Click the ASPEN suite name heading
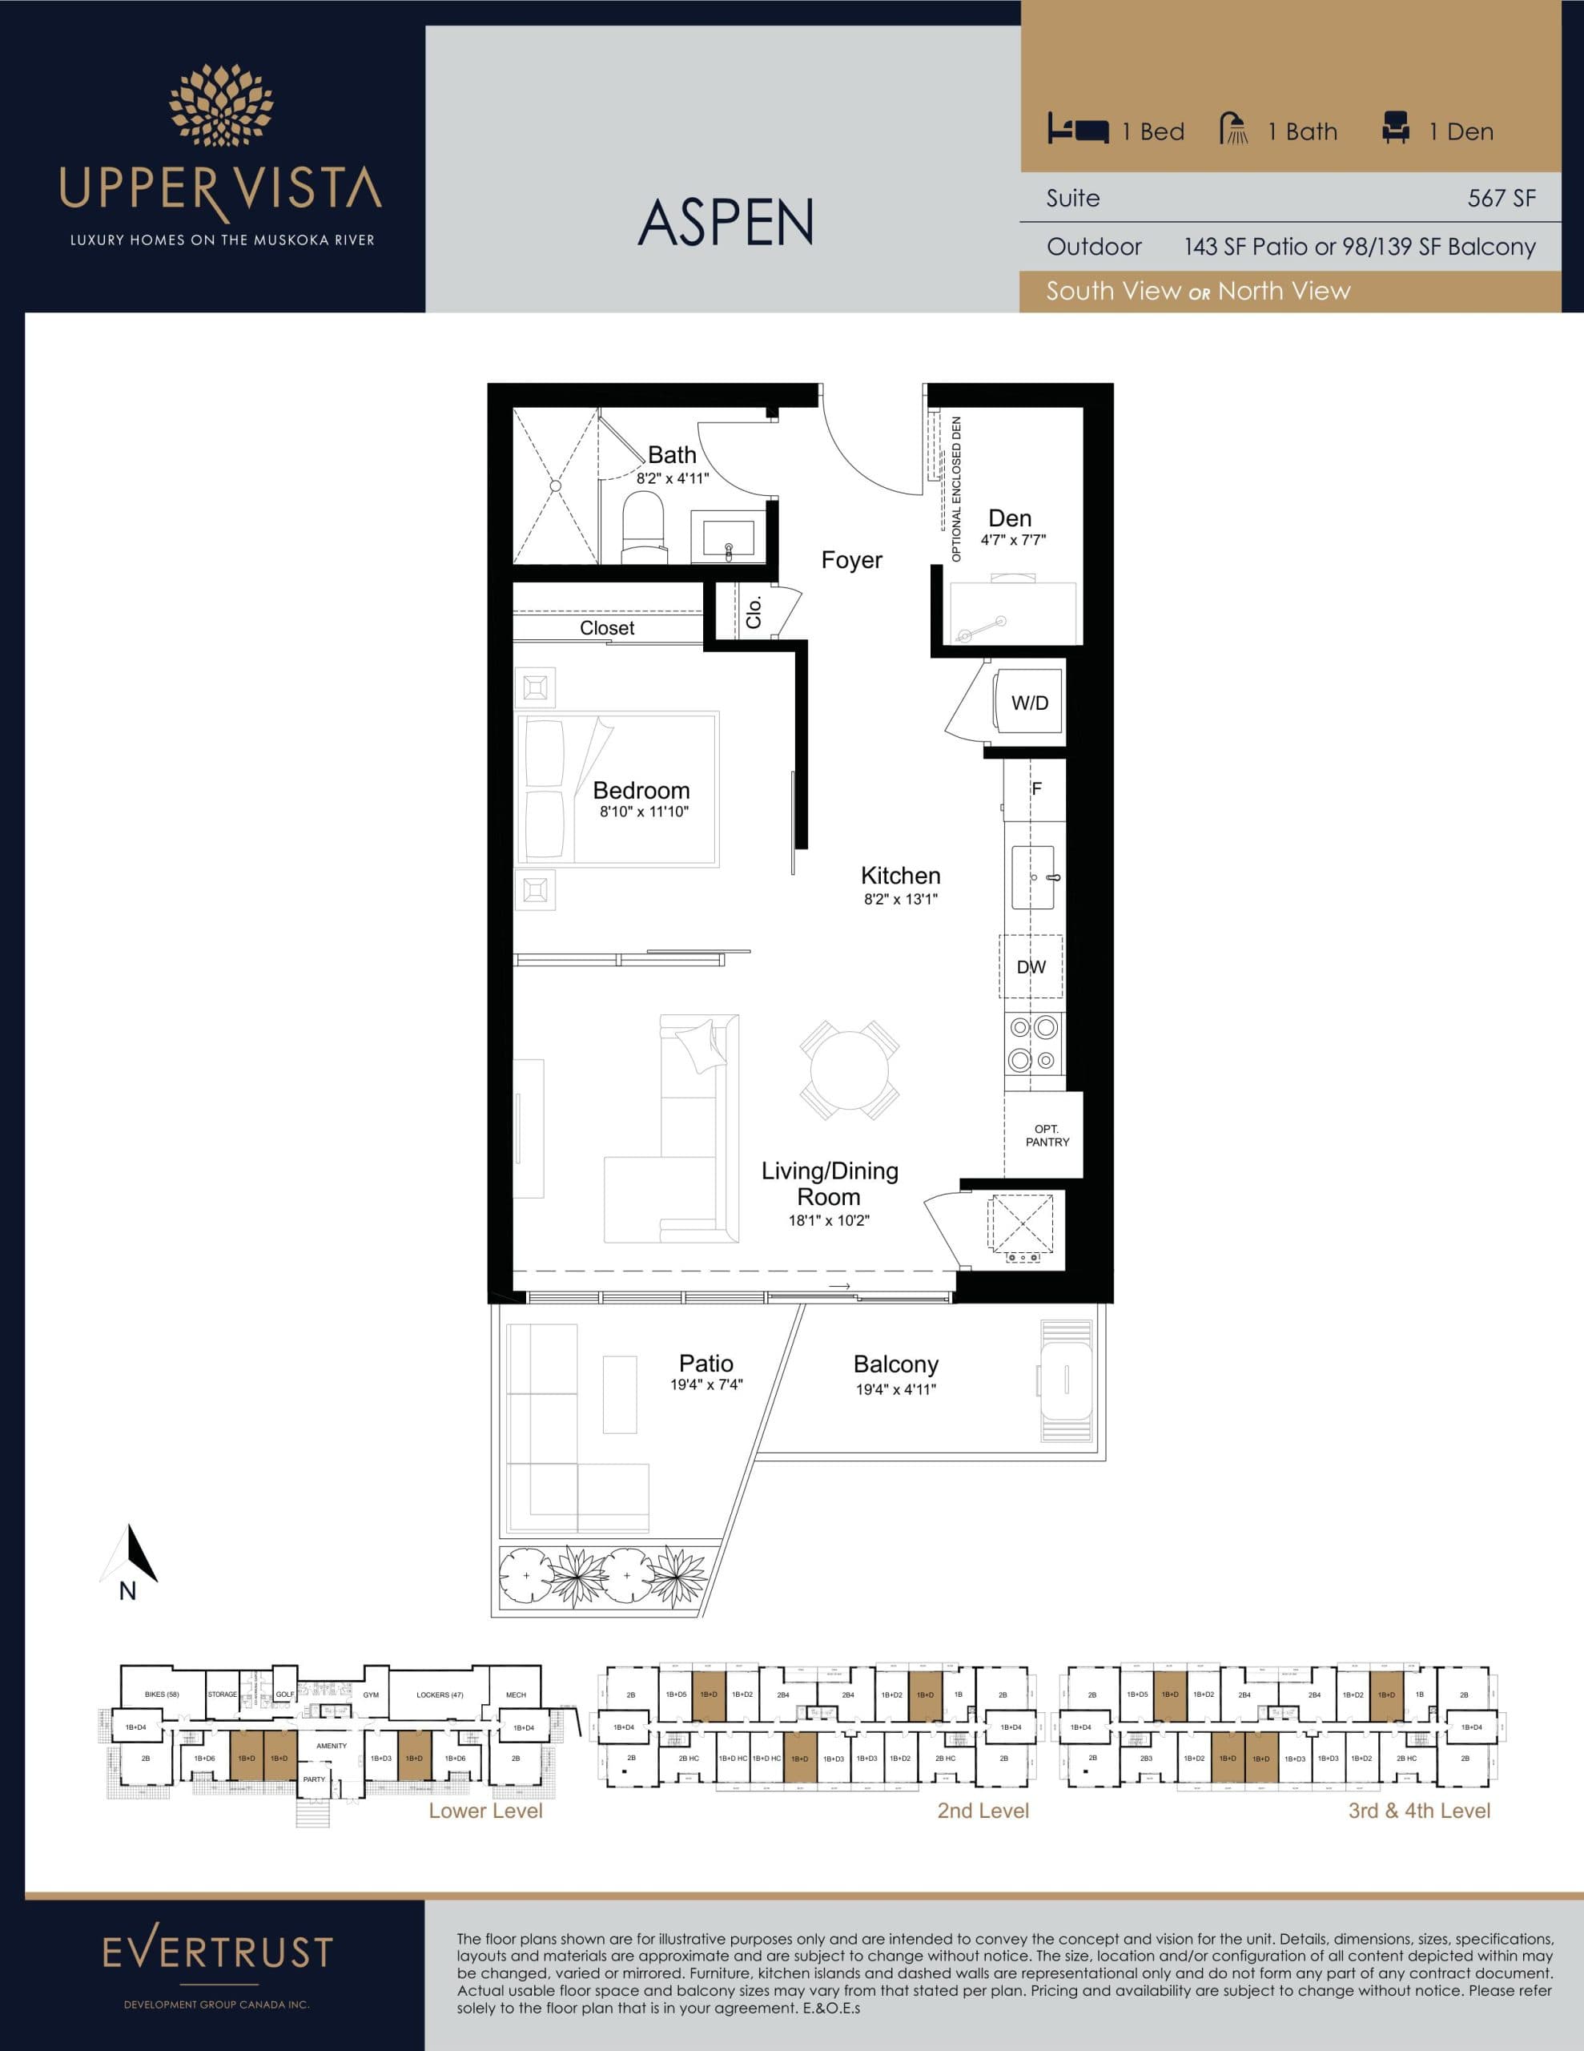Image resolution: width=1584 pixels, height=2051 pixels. click(725, 223)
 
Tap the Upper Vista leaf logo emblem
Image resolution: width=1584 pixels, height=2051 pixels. click(221, 106)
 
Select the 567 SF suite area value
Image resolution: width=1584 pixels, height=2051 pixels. click(1502, 198)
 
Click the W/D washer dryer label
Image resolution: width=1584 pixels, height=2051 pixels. click(1029, 703)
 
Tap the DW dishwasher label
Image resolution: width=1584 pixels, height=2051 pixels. click(1030, 966)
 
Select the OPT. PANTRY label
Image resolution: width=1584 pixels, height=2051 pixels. click(1046, 1135)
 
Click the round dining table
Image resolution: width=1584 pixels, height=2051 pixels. click(849, 1070)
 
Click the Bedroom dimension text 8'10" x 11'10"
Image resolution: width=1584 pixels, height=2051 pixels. click(643, 812)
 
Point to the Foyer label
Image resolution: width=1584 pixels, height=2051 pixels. click(851, 561)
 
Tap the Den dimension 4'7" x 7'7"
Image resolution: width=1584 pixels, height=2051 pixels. click(1012, 540)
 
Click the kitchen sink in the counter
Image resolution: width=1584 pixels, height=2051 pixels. click(1033, 877)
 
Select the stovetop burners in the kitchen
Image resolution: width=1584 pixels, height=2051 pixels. click(1032, 1043)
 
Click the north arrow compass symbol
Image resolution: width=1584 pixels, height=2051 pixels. click(130, 1554)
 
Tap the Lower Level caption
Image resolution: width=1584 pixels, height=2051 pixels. click(485, 1811)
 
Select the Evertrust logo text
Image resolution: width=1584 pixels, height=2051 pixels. click(217, 1952)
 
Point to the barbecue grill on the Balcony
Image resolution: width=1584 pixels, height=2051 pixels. click(1067, 1380)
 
